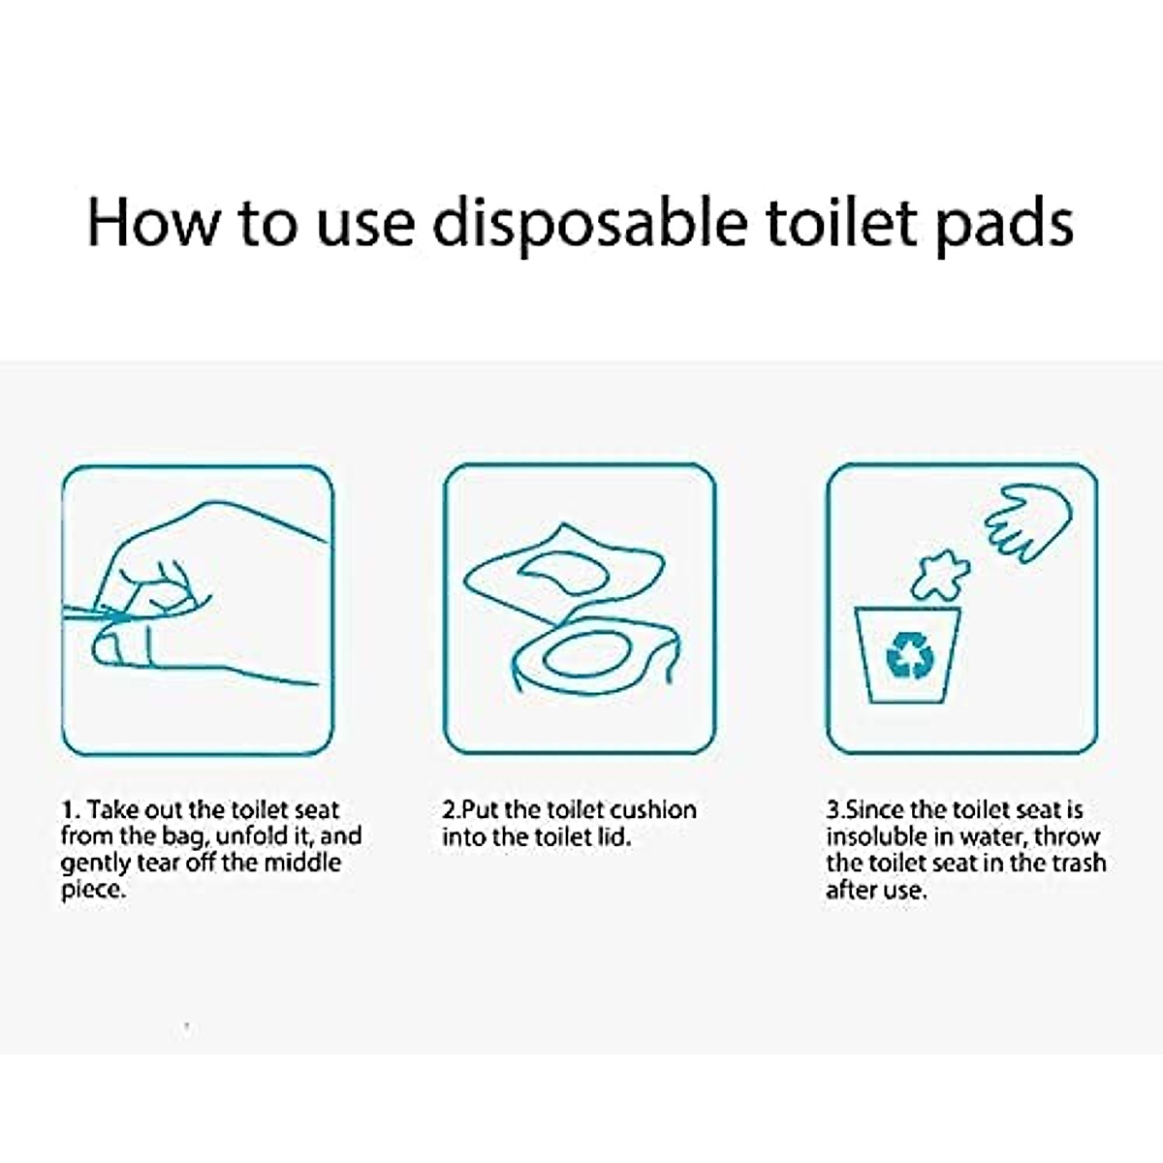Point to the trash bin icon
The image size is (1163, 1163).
pos(907,655)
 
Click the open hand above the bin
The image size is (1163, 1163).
pos(1027,519)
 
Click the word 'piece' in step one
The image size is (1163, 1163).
pos(92,891)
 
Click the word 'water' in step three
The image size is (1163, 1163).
pos(994,836)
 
